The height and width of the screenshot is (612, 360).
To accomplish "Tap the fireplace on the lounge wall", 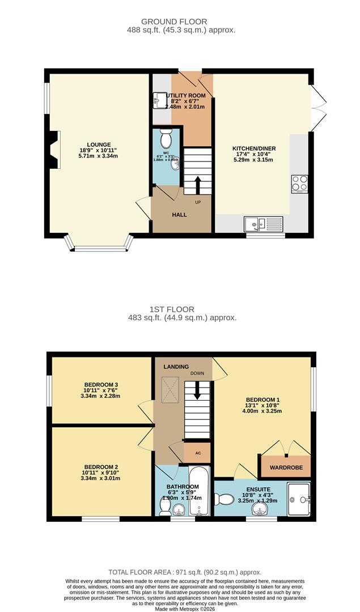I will [x=53, y=150].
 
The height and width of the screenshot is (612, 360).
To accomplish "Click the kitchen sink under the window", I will [x=255, y=224].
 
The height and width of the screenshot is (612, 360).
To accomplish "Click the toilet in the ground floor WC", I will [x=166, y=138].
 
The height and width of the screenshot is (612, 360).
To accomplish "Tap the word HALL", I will [x=179, y=215].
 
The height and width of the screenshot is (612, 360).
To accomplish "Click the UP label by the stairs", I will [x=198, y=202].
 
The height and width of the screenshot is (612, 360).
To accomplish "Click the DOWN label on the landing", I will [x=197, y=374].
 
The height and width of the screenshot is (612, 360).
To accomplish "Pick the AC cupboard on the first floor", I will [x=197, y=453].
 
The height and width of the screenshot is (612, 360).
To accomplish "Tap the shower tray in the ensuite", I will [x=299, y=499].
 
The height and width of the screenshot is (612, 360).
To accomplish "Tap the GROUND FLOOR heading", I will [x=181, y=22].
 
